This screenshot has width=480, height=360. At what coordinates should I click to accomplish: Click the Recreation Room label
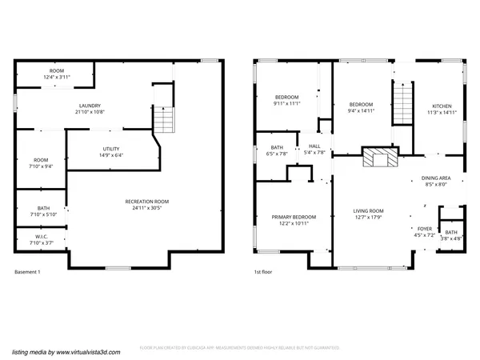146,204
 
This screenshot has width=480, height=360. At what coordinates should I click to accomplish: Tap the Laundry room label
89,110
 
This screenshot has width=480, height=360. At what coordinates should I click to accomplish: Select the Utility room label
111,152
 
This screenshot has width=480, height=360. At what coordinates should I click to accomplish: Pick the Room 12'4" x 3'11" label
57,74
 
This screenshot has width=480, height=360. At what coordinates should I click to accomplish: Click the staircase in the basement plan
163,119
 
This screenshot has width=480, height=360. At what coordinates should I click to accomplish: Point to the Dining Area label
436,182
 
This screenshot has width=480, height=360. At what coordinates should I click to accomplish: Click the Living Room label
370,214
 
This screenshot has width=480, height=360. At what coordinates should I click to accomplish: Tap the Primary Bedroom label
293,220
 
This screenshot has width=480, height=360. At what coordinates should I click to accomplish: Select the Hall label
314,150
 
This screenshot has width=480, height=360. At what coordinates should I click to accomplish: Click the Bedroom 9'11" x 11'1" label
286,100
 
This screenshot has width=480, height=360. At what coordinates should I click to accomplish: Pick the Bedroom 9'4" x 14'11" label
361,107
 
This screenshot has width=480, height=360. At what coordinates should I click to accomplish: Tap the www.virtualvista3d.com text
77,350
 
